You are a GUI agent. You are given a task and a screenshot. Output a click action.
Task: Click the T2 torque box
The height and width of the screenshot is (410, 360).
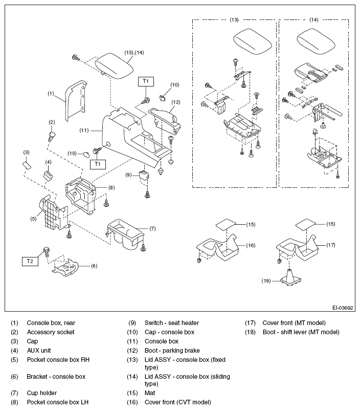click(30, 261)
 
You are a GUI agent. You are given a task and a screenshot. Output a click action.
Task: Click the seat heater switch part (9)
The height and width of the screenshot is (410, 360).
click(144, 175)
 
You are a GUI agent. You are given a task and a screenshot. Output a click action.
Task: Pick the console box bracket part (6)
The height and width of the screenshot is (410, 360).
click(65, 269)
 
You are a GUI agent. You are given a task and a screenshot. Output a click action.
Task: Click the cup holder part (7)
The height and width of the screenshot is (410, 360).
click(126, 234)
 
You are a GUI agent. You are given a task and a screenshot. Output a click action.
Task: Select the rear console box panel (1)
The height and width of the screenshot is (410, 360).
click(75, 101)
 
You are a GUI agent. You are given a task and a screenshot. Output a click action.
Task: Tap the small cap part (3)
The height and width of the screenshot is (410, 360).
click(27, 165)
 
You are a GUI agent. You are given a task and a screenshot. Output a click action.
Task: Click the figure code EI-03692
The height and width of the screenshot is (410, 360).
click(343, 308)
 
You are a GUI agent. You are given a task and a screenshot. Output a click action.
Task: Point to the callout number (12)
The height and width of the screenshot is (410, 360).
click(176, 102)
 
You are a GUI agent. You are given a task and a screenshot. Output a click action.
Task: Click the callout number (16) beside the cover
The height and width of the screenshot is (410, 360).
click(251, 245)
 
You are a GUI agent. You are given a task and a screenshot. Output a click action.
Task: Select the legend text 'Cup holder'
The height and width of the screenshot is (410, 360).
click(42, 393)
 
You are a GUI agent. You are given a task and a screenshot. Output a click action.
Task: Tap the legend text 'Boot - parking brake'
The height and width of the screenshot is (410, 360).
click(172, 351)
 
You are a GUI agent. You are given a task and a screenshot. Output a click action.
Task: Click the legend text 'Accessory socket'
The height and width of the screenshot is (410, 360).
click(51, 332)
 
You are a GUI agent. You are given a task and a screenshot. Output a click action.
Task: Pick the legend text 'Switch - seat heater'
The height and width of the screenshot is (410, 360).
click(172, 323)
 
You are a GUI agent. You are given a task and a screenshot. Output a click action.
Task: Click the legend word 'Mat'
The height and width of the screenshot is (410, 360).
click(150, 393)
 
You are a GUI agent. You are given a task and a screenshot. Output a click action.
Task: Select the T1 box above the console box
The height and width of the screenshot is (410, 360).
click(146, 81)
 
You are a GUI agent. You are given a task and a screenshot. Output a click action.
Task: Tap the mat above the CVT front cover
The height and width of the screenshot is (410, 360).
click(226, 224)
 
